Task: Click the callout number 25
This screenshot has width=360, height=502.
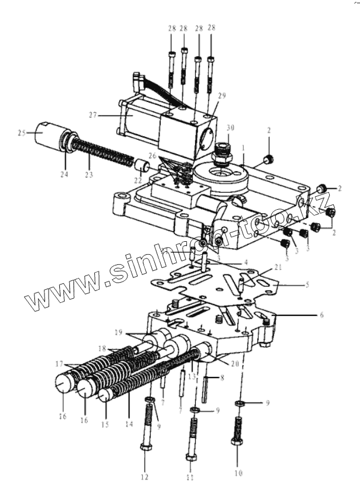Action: pos(21,133)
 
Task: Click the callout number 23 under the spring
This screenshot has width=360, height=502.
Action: pos(88,174)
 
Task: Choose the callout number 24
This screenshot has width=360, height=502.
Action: pos(63,174)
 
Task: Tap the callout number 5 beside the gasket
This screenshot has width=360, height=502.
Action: pos(307,284)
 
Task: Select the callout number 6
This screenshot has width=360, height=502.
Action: pos(321,315)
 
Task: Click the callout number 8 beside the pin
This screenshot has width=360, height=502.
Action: pos(221,378)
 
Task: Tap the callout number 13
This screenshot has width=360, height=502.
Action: pos(192,377)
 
